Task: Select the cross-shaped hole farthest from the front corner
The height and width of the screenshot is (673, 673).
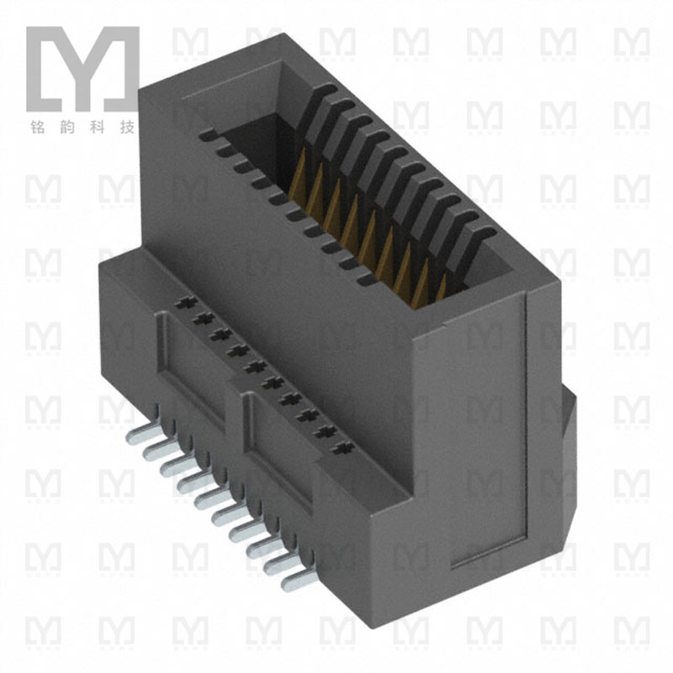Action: click(180, 300)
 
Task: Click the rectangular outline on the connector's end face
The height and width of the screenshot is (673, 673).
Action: click(488, 437)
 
